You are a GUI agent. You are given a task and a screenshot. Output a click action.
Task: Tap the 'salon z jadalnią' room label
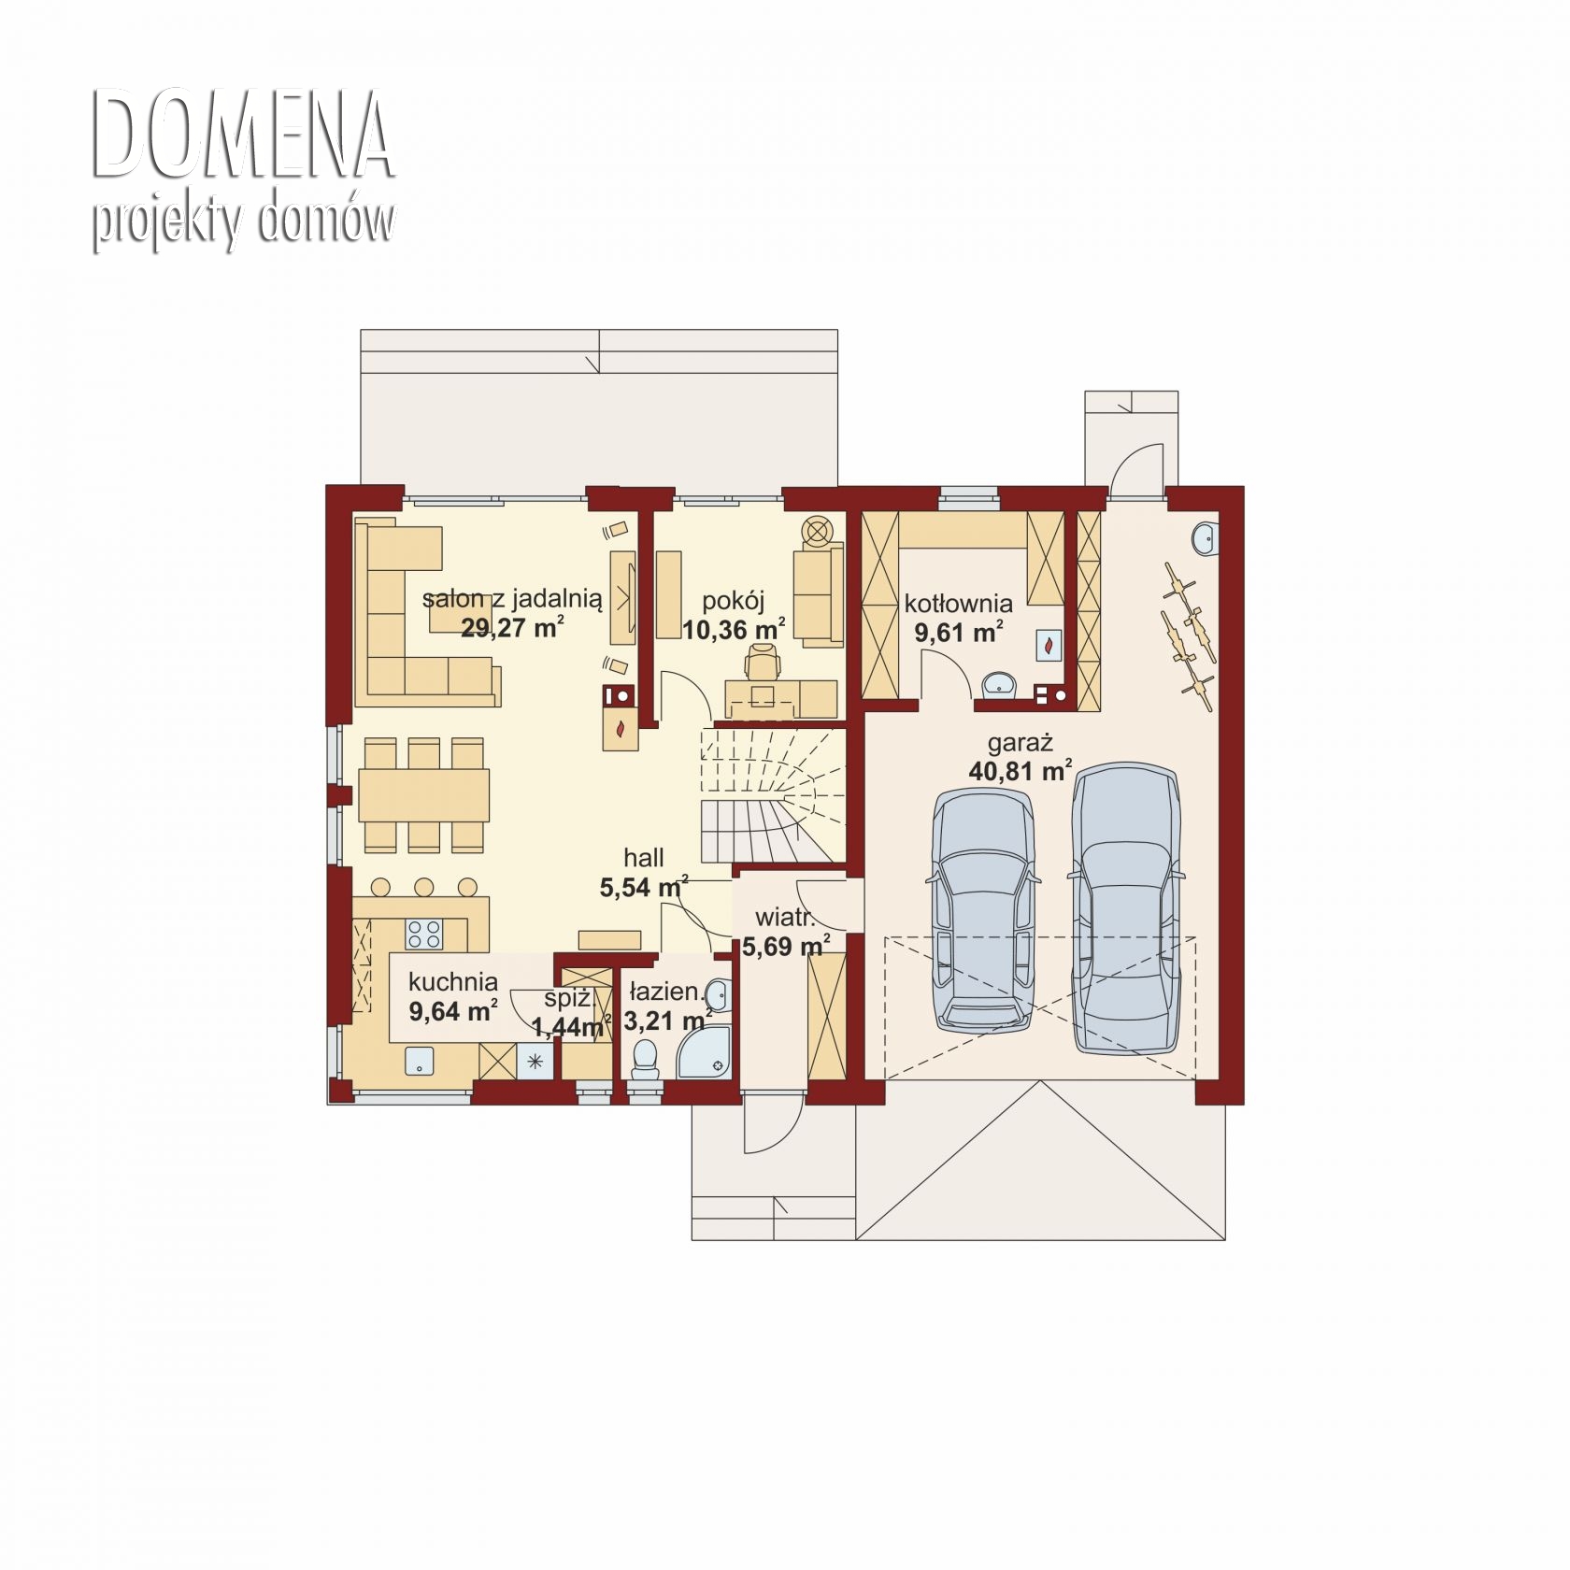(511, 599)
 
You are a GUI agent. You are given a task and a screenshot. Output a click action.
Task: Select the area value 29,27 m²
(512, 627)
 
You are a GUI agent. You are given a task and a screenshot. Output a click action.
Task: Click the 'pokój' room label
(734, 601)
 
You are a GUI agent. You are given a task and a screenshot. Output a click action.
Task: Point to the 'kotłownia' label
(958, 604)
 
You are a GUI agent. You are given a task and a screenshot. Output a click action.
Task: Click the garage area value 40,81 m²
(1020, 771)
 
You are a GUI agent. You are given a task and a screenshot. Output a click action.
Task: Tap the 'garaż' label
(1020, 744)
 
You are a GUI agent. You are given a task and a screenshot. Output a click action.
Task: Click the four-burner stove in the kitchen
(423, 933)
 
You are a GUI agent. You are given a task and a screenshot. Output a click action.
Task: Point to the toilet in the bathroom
(645, 1060)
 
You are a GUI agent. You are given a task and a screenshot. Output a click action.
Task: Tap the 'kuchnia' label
(453, 981)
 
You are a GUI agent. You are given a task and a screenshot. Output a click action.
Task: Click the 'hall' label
(644, 858)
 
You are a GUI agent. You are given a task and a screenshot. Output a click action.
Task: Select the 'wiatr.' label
(785, 918)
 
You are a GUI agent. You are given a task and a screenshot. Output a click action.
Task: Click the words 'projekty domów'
(243, 222)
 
